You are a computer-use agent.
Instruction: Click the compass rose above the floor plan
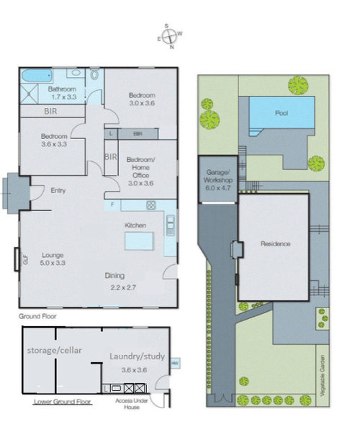click(x=170, y=37)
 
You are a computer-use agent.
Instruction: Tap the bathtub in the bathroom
click(x=37, y=76)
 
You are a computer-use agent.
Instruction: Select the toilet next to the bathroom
click(x=94, y=75)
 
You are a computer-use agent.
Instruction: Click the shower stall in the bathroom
click(x=29, y=94)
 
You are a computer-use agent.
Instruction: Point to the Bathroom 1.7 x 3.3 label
click(x=63, y=93)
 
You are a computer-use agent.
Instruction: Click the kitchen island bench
click(x=139, y=241)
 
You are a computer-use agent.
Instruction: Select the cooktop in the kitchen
click(x=151, y=205)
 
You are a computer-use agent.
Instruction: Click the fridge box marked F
click(x=112, y=204)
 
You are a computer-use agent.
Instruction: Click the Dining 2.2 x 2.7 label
click(x=120, y=282)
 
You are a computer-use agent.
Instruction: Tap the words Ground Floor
click(x=37, y=316)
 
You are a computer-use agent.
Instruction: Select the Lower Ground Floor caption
click(x=63, y=402)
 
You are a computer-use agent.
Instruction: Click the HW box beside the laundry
click(x=174, y=364)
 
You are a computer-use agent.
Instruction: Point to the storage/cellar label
click(x=55, y=350)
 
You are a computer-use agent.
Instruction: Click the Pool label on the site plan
click(x=282, y=113)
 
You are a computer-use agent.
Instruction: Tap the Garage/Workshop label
click(x=218, y=180)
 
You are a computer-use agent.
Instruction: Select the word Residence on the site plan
click(x=275, y=243)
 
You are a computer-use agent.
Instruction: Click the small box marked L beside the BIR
click(x=111, y=134)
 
